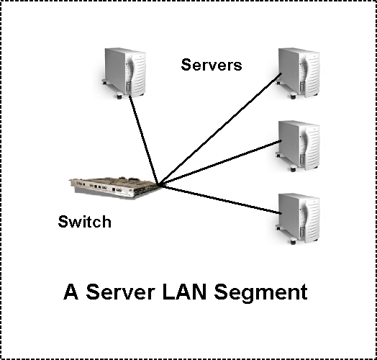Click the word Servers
pos(212,65)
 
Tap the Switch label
pos(85,221)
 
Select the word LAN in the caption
pos(185,292)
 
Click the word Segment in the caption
pos(260,292)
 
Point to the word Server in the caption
pos(120,292)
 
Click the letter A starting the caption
pos(71,292)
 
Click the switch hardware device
pos(115,188)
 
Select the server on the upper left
pos(124,73)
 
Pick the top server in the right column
pos(298,73)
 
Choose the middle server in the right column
pos(298,146)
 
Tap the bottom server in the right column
pos(298,218)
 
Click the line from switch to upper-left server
pos(144,140)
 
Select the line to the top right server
pos(220,129)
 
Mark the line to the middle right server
pos(220,163)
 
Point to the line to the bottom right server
pos(220,199)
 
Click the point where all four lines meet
pos(159,185)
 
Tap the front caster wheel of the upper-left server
pos(119,96)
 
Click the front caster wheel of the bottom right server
pos(293,242)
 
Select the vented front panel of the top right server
pos(312,76)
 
